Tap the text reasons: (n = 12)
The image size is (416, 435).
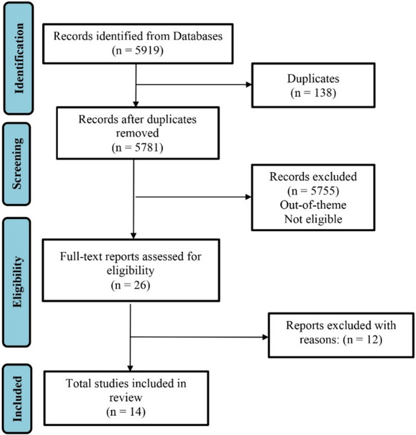[341, 338]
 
